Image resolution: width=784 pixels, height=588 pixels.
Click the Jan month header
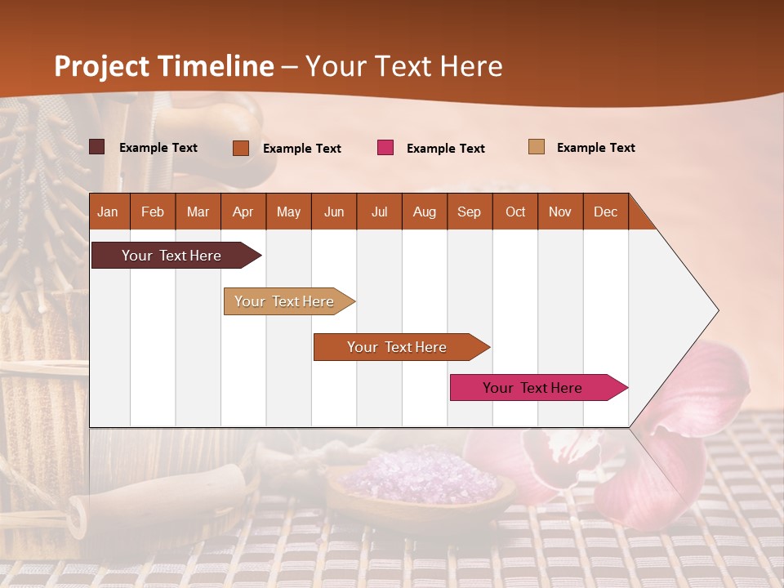pyautogui.click(x=108, y=212)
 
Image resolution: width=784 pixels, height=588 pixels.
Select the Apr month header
pyautogui.click(x=243, y=212)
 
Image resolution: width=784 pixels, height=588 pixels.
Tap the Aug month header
pyautogui.click(x=424, y=212)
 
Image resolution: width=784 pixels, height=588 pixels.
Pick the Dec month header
pyautogui.click(x=605, y=212)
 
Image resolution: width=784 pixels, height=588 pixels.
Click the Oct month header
pyautogui.click(x=515, y=212)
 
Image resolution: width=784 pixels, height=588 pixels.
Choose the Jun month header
pyautogui.click(x=334, y=212)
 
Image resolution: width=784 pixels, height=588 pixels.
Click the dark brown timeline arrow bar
pyautogui.click(x=171, y=256)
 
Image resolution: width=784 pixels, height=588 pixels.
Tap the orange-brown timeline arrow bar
pyautogui.click(x=398, y=347)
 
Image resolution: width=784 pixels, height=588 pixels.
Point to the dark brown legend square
pyautogui.click(x=96, y=147)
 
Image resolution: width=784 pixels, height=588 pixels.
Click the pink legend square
pyautogui.click(x=385, y=148)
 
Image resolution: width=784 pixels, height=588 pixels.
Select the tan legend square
pyautogui.click(x=536, y=147)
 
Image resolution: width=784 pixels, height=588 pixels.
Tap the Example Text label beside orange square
pyautogui.click(x=301, y=149)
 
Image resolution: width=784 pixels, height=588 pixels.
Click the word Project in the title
pyautogui.click(x=102, y=66)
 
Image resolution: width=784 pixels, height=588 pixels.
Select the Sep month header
pyautogui.click(x=469, y=212)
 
